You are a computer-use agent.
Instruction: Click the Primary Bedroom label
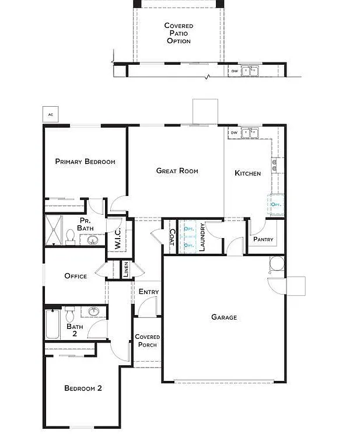click(x=85, y=162)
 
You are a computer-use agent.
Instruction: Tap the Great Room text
click(x=177, y=171)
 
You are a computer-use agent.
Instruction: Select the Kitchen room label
click(x=247, y=173)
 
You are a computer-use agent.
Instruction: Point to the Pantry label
click(x=263, y=240)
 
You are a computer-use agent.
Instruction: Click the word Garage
click(x=224, y=317)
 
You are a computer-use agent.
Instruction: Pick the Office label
click(x=75, y=276)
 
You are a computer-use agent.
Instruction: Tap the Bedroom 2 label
click(x=83, y=388)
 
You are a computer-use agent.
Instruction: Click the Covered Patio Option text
click(x=179, y=33)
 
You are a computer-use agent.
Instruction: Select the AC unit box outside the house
click(x=50, y=114)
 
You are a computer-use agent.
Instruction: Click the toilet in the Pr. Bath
click(x=70, y=237)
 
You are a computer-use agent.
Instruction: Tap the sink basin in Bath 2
click(x=92, y=311)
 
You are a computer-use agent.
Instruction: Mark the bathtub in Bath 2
click(x=53, y=324)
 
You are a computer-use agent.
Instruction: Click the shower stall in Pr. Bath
click(x=54, y=230)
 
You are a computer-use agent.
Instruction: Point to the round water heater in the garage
click(x=277, y=262)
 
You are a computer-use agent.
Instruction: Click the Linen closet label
click(x=125, y=269)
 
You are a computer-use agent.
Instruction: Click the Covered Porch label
click(x=147, y=341)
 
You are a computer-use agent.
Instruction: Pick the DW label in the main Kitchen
click(x=234, y=133)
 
